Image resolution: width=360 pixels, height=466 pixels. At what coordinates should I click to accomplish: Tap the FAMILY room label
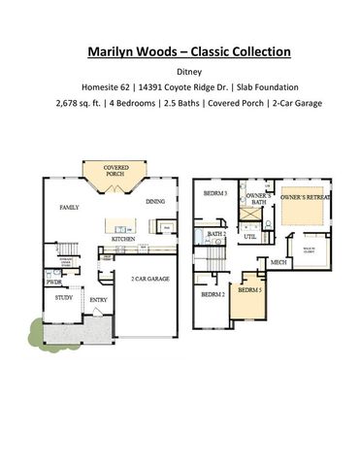coord(68,207)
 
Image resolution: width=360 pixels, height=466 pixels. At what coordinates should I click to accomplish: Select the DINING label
coord(155,202)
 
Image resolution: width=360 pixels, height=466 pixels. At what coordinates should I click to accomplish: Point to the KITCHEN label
coord(122,238)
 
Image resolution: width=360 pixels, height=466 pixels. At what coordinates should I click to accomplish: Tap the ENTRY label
coord(98,299)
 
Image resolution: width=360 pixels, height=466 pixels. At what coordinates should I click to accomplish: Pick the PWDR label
coord(54,282)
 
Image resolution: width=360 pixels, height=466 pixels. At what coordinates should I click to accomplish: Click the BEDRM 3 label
coord(214,194)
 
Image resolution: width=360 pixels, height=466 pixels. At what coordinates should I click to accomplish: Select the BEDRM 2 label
coord(212,292)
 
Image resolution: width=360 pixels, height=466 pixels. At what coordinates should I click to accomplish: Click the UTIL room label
coord(249,236)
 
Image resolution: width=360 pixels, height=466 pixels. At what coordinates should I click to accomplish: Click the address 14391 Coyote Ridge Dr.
coord(177,90)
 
